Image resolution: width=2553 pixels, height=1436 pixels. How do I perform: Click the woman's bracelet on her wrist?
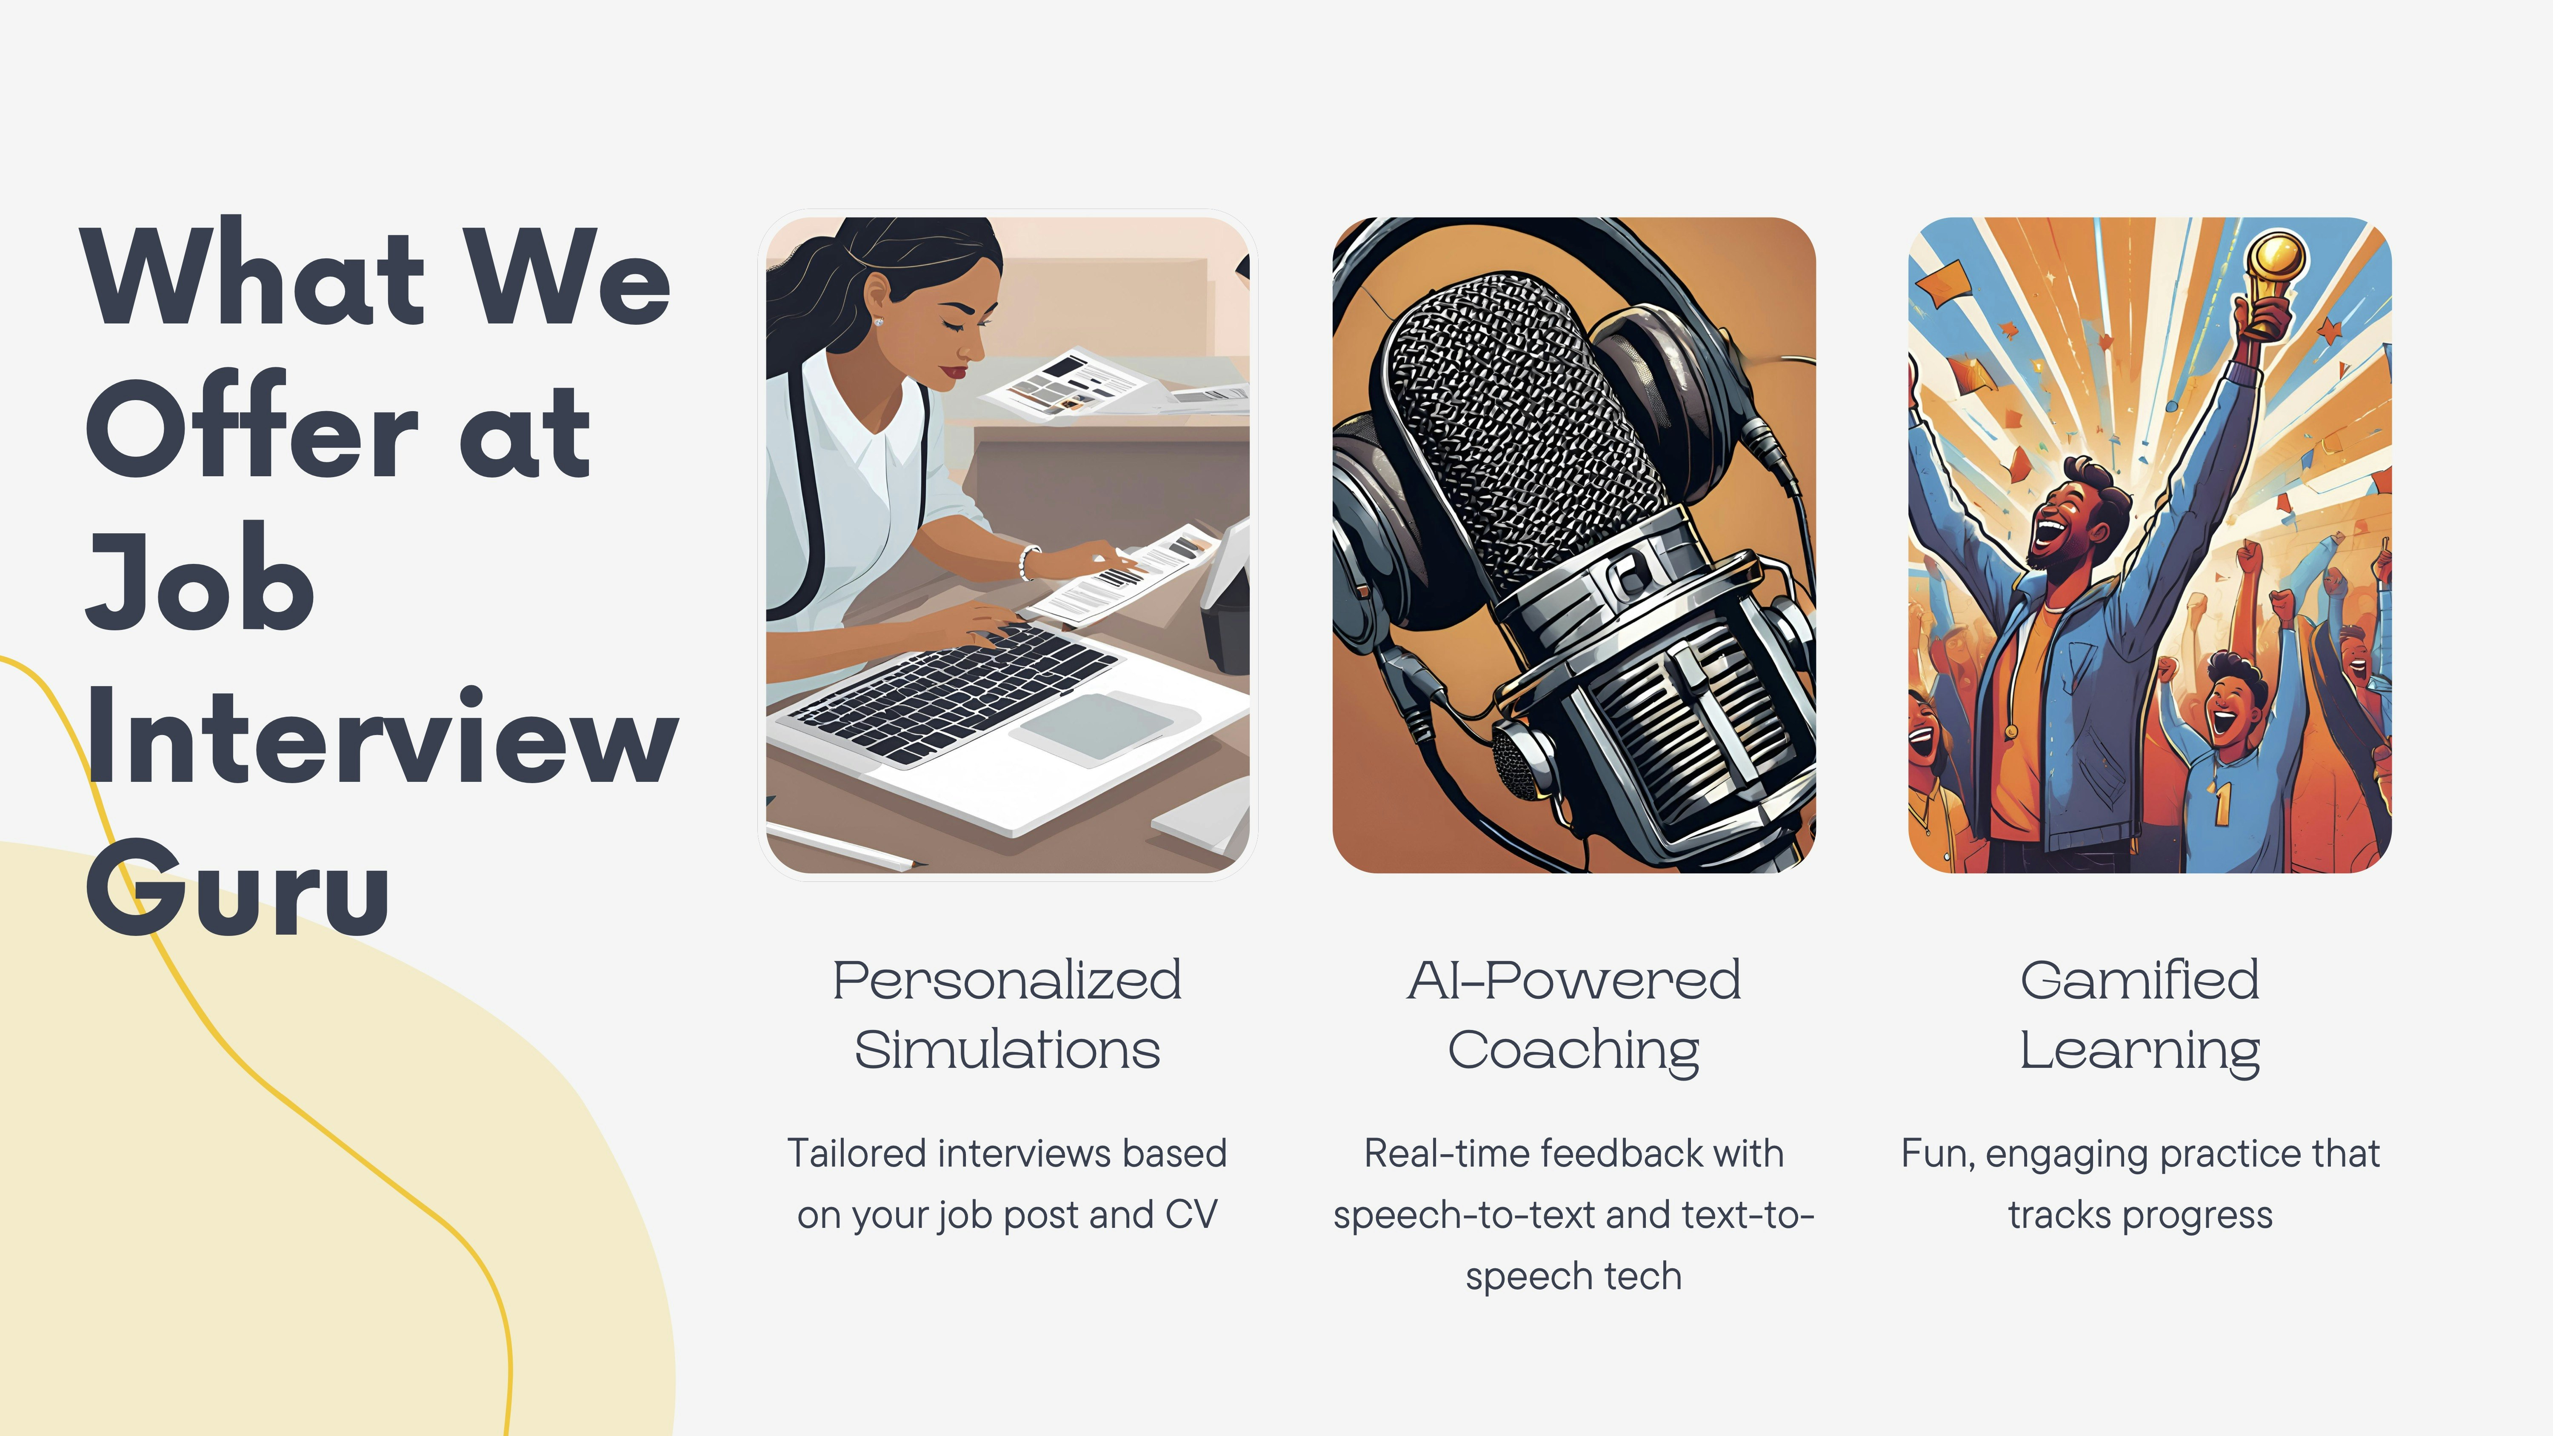(1027, 562)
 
